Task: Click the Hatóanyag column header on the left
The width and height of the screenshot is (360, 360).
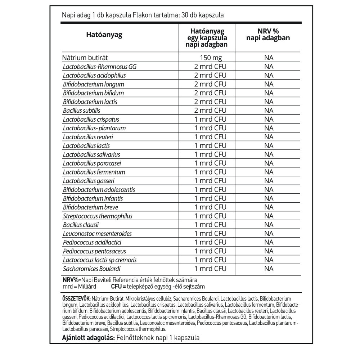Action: [104, 35]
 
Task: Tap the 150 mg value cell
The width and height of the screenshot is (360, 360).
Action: [211, 58]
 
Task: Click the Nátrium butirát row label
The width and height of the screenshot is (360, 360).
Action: [85, 58]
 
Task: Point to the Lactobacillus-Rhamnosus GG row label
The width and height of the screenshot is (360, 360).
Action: [100, 67]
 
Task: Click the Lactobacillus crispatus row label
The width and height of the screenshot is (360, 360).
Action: [91, 119]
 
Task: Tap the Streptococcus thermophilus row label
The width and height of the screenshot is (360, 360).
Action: [98, 216]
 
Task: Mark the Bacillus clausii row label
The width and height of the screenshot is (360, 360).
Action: [81, 225]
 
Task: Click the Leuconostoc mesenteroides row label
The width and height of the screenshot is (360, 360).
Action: [97, 234]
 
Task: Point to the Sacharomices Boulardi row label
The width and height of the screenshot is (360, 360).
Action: [91, 269]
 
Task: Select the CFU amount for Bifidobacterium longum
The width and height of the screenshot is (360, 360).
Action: [211, 84]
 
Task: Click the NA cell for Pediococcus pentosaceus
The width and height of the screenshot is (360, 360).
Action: [269, 251]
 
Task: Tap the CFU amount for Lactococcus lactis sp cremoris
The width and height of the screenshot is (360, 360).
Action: [211, 260]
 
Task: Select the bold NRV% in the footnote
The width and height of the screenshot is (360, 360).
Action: [70, 280]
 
